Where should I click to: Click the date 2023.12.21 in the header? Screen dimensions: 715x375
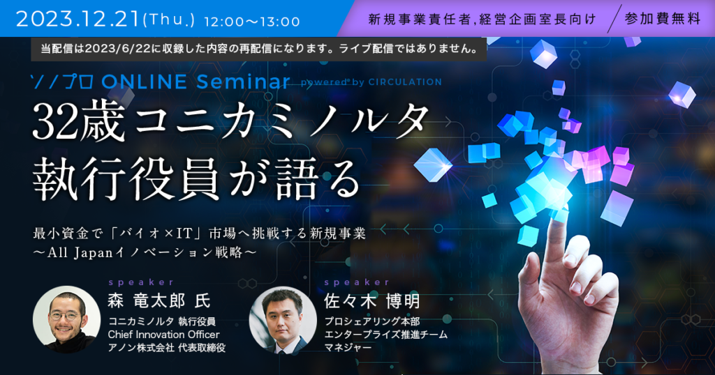(x=78, y=19)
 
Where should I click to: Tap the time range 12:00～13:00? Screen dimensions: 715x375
(x=251, y=22)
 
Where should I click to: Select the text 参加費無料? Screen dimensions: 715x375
(x=663, y=19)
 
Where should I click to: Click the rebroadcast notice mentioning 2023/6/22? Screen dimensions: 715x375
(x=259, y=49)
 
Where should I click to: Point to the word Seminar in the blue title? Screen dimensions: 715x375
(x=243, y=82)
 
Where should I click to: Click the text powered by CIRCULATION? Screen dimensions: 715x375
(x=371, y=82)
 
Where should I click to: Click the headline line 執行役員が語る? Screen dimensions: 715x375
(x=197, y=178)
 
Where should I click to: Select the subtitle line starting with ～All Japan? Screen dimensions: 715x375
(x=145, y=252)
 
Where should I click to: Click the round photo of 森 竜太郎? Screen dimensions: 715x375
(x=67, y=319)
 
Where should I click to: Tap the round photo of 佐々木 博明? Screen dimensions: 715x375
(x=283, y=319)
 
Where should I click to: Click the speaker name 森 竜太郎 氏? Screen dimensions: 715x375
(x=159, y=301)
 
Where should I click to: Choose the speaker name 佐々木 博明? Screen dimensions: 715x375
(x=371, y=301)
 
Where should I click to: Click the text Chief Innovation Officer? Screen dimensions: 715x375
(x=163, y=335)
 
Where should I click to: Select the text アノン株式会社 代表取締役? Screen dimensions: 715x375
(x=166, y=348)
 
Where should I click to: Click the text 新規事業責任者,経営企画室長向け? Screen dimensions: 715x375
(x=482, y=19)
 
